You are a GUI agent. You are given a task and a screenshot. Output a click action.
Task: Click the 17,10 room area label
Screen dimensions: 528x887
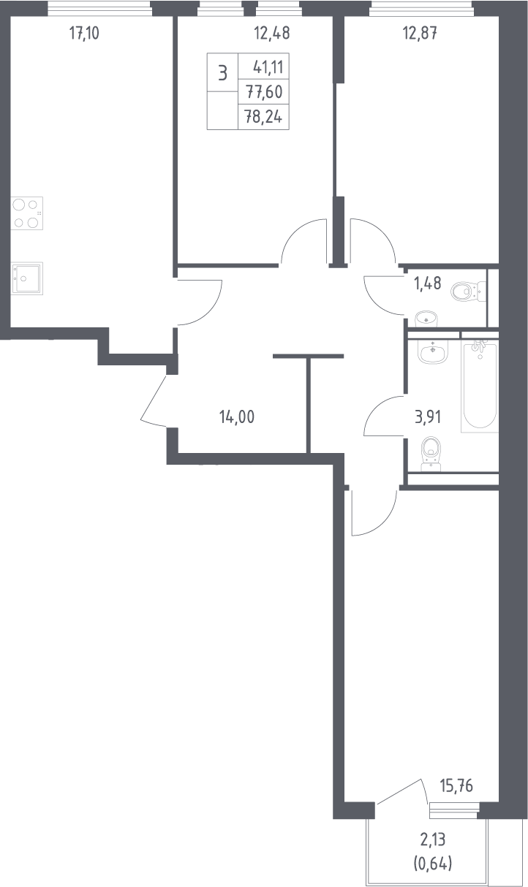[84, 34]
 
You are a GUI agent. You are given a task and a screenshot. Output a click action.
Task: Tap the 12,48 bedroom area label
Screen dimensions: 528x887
[272, 34]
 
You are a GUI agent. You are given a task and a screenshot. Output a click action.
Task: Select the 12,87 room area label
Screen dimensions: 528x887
[420, 34]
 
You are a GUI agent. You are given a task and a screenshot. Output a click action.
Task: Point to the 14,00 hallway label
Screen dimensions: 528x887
[237, 417]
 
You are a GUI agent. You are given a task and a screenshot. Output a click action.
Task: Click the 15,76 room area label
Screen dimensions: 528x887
[456, 785]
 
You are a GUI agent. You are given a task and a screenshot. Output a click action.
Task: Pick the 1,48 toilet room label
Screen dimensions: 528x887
[428, 283]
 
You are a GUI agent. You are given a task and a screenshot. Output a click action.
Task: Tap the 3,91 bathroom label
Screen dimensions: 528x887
[428, 417]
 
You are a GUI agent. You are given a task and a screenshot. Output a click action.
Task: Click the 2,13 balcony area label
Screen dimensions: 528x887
[433, 840]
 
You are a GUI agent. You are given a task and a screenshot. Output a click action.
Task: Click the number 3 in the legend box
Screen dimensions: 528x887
[222, 73]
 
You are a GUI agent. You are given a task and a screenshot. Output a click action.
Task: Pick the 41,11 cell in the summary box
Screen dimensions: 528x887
[268, 67]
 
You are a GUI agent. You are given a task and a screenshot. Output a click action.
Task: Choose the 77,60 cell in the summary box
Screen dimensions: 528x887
[265, 92]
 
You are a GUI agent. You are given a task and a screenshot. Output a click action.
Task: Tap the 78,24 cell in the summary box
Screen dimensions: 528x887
[263, 117]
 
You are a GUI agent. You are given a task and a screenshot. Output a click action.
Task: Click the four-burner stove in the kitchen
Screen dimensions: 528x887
[26, 213]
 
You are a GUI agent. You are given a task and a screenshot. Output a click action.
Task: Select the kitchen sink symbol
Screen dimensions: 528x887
[26, 278]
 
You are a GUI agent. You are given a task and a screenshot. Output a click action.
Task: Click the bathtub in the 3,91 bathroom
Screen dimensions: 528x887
[480, 386]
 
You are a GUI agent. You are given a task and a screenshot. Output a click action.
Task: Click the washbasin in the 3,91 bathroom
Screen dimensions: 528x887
[433, 352]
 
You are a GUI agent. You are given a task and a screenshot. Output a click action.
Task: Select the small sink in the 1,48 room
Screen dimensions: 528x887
[426, 319]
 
